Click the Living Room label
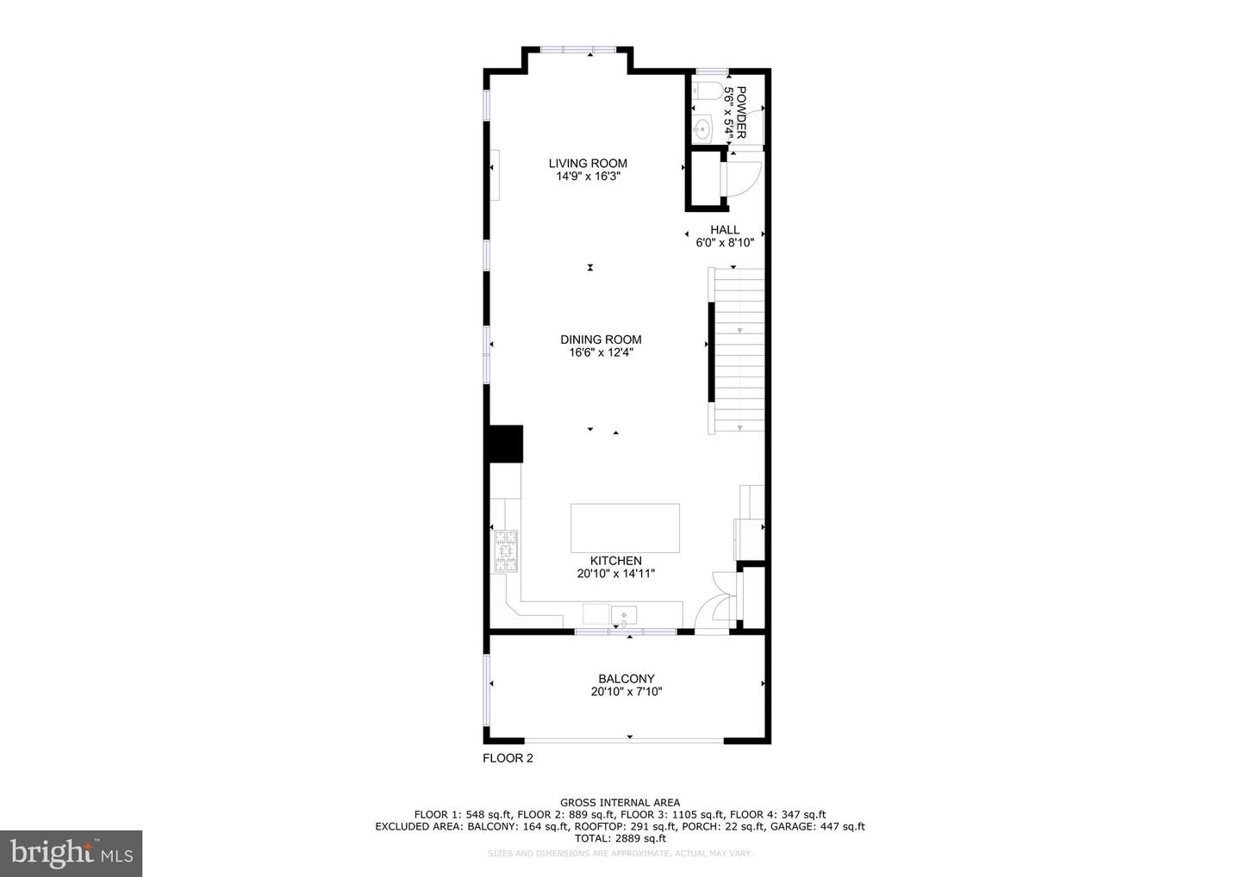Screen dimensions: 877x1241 click(588, 164)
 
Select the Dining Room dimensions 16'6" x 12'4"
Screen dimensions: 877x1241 click(601, 352)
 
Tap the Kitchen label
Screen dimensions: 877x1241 click(615, 561)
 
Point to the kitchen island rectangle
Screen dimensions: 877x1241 click(625, 527)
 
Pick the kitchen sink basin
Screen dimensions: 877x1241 click(623, 615)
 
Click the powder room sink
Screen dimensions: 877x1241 click(702, 129)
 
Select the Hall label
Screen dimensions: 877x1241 click(725, 230)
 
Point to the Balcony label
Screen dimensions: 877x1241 click(627, 679)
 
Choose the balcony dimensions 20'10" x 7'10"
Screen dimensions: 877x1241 click(627, 692)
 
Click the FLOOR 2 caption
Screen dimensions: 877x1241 click(508, 759)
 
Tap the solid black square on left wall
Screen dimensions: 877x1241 click(505, 444)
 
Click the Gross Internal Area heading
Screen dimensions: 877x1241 click(620, 803)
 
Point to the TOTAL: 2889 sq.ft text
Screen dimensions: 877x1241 click(620, 838)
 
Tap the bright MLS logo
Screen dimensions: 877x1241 click(71, 854)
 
